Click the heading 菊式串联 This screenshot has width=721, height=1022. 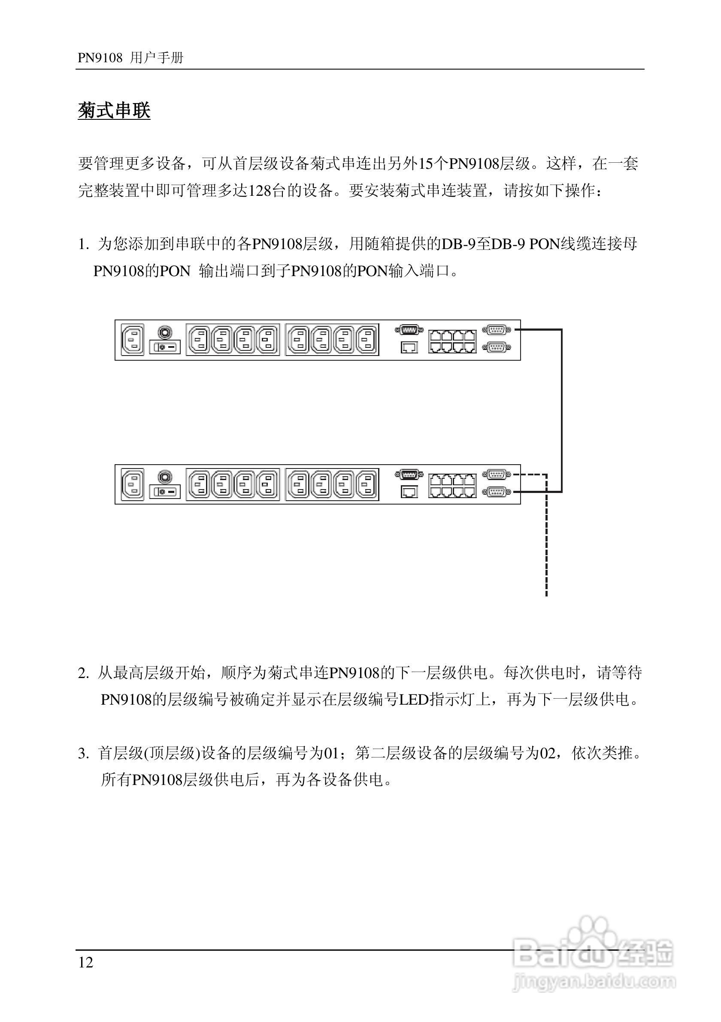coord(114,111)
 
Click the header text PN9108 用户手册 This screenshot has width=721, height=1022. coord(130,58)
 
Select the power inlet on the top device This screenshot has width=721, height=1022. coord(133,339)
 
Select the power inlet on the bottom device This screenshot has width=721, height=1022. coord(133,484)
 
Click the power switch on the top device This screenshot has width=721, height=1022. coord(164,347)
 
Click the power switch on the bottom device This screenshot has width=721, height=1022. coord(164,491)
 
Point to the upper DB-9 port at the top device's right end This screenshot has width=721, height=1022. coord(497,330)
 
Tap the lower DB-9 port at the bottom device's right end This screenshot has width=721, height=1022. coord(497,491)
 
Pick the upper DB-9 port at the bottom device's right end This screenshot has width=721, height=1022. coord(497,474)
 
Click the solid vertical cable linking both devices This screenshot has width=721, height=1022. coord(562,410)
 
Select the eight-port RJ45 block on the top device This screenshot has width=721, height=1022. coord(452,341)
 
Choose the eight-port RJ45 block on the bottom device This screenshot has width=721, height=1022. coord(452,486)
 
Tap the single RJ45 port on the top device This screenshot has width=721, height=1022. coord(409,347)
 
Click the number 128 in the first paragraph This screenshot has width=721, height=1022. coord(260,191)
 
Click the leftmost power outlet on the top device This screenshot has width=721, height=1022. coord(198,339)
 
